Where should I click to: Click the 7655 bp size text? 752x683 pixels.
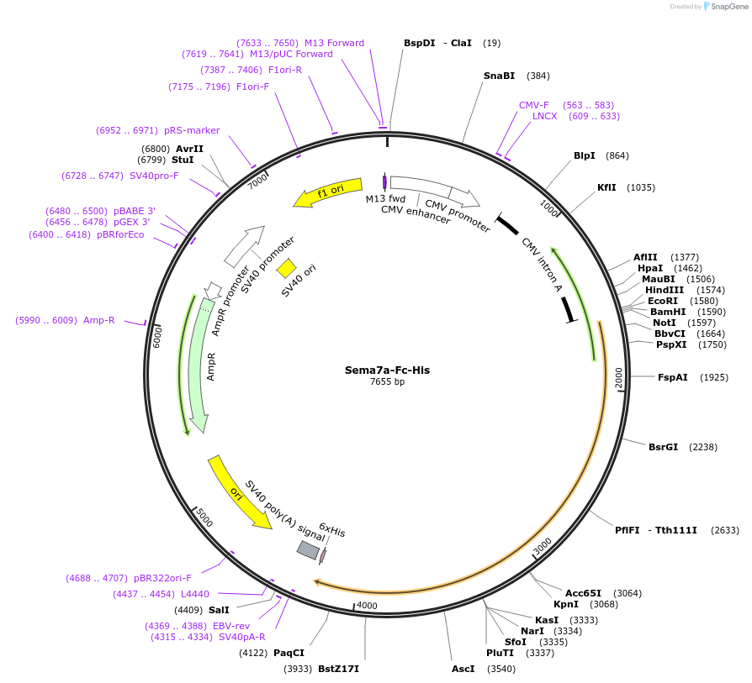click(387, 382)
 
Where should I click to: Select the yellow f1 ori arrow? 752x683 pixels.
click(328, 192)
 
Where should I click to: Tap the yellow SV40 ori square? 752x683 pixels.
click(286, 268)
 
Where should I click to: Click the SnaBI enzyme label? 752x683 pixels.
click(499, 76)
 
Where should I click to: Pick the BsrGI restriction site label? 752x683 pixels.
click(663, 447)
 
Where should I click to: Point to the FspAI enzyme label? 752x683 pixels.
click(672, 377)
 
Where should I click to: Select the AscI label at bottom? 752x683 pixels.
click(463, 669)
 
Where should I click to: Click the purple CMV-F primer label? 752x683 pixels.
click(534, 105)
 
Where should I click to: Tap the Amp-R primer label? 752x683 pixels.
click(98, 320)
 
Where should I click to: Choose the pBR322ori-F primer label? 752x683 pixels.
click(162, 578)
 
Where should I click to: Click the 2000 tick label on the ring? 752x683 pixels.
click(618, 378)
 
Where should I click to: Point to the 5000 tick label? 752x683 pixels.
click(204, 518)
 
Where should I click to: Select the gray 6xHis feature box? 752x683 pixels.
click(308, 550)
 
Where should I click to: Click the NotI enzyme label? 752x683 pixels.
click(665, 323)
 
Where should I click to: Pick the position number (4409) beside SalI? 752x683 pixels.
click(188, 610)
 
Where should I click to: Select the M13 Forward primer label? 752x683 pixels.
click(334, 43)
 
